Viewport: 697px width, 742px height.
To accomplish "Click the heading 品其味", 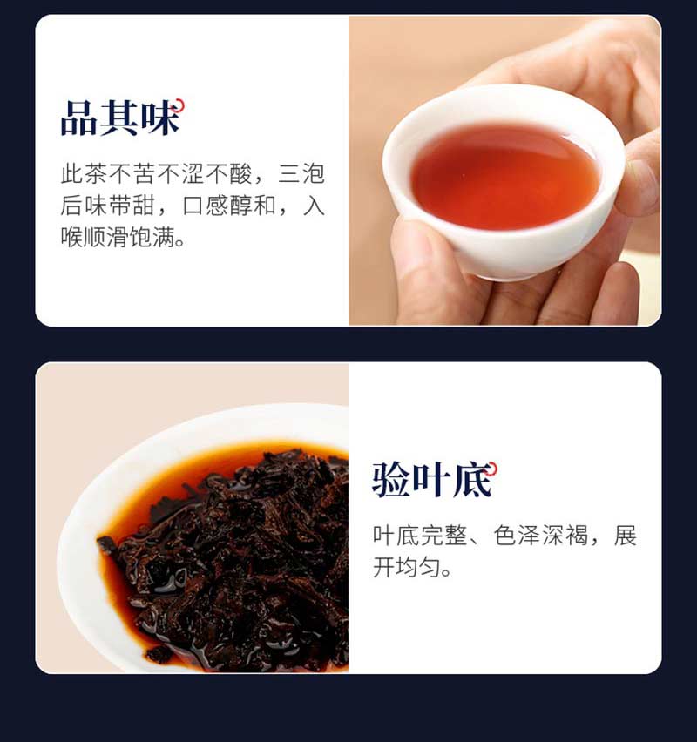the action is [120, 118].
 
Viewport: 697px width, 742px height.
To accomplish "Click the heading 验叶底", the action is [432, 480].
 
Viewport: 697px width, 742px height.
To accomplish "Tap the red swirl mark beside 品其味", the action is [179, 105].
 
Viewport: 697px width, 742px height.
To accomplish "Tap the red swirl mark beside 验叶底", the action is [492, 468].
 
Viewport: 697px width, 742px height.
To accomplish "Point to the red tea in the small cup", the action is [504, 177].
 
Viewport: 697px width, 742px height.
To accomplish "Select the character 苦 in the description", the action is [145, 173].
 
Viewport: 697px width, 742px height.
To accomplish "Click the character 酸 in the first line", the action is [241, 173].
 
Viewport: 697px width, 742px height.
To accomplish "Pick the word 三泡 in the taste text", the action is [301, 173].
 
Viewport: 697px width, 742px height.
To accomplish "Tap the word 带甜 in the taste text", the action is [132, 206].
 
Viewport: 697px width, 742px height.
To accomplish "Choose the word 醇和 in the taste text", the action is [254, 206].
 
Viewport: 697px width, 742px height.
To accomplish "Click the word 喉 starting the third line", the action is [72, 237].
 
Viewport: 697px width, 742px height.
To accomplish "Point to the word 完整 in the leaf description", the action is [443, 536].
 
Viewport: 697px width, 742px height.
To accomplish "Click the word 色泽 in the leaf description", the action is [517, 536].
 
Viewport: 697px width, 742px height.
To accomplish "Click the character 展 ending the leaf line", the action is [625, 536].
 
